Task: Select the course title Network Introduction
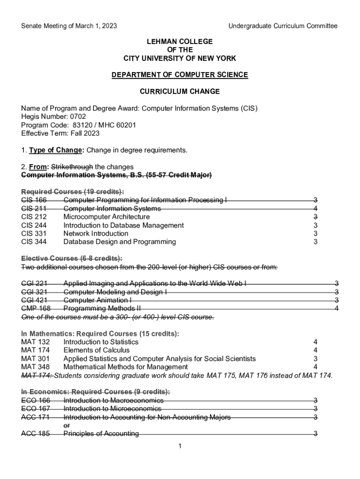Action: [x=96, y=233]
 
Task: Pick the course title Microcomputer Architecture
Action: [x=107, y=217]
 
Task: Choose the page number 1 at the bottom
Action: [x=180, y=446]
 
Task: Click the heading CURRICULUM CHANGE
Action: [x=180, y=91]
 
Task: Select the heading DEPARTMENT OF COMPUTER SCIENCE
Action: [x=180, y=75]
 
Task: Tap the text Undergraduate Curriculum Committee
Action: [x=282, y=26]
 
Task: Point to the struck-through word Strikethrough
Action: [x=72, y=167]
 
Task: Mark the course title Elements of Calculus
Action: [x=96, y=350]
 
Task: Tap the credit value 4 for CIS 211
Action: [x=316, y=208]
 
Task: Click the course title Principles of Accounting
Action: [x=101, y=434]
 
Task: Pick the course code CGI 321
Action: [x=34, y=291]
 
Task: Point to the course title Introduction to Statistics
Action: [x=101, y=341]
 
